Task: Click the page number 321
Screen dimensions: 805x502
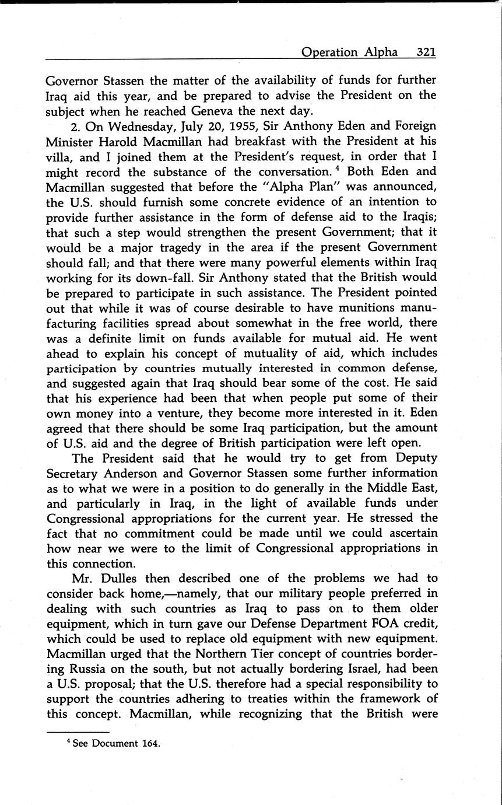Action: coord(426,52)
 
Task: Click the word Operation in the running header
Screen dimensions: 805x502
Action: coord(329,52)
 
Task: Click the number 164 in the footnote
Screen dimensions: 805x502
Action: coord(149,744)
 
